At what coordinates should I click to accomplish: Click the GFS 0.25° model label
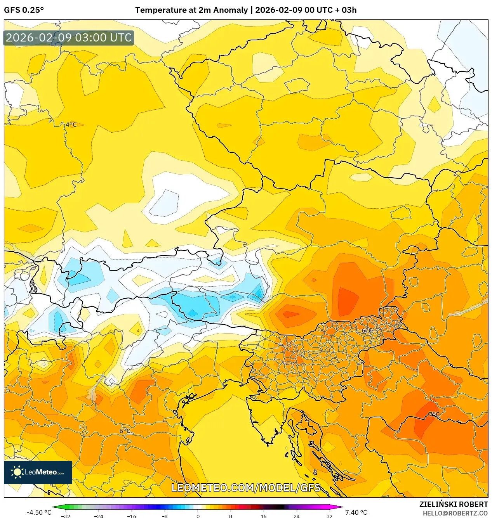(24, 10)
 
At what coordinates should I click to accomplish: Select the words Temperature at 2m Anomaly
(191, 10)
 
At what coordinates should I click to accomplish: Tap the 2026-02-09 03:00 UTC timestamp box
(69, 38)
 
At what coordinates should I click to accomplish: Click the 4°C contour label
(71, 125)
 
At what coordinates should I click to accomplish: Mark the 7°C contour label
(434, 414)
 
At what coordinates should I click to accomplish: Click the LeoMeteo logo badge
(38, 472)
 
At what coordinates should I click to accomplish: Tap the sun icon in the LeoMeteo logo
(17, 472)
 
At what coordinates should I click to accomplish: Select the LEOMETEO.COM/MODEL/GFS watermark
(246, 488)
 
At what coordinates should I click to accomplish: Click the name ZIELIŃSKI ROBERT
(453, 504)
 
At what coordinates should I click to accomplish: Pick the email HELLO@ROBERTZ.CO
(455, 513)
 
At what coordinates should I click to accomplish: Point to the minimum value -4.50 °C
(39, 512)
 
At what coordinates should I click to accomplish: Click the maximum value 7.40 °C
(356, 512)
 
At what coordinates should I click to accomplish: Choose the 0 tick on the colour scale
(198, 516)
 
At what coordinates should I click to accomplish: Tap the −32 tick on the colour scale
(66, 516)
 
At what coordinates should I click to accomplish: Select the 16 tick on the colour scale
(264, 516)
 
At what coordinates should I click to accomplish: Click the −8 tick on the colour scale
(165, 516)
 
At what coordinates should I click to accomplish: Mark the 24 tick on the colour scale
(297, 516)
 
